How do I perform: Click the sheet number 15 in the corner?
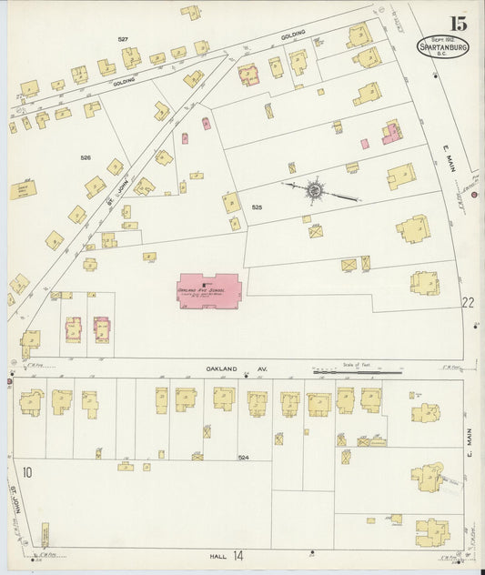click(x=456, y=22)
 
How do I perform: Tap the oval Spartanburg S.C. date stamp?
click(x=443, y=46)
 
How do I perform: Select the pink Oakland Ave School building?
click(x=208, y=290)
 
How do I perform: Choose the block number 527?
click(x=123, y=39)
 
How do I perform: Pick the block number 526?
click(x=86, y=157)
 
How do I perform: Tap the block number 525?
click(x=257, y=207)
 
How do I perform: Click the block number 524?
click(x=243, y=456)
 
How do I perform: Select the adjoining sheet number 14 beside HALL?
click(x=238, y=554)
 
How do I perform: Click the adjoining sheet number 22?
click(x=468, y=303)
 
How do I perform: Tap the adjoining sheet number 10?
click(x=27, y=471)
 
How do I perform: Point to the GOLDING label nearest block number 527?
click(x=125, y=80)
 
